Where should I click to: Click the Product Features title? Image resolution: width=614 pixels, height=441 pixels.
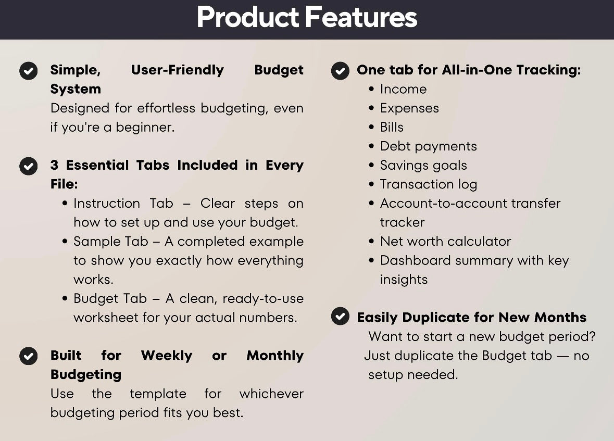(x=307, y=18)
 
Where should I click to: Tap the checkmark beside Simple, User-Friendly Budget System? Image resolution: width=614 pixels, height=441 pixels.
(x=29, y=70)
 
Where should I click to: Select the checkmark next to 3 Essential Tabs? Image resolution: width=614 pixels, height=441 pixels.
(x=29, y=166)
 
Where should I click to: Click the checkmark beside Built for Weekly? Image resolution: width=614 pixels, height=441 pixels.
(x=29, y=356)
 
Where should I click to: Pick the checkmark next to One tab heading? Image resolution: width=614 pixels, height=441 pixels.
(x=340, y=70)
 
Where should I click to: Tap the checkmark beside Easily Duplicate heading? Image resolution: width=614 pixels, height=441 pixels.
(x=340, y=316)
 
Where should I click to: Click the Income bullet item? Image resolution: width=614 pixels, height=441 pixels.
(x=403, y=89)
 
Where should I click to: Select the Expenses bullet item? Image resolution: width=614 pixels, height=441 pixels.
(x=409, y=108)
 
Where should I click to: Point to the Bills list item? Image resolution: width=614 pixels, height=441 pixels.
(x=392, y=127)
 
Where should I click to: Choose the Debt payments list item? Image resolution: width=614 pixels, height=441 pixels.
(x=428, y=146)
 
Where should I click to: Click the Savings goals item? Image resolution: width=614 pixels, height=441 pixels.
(x=423, y=166)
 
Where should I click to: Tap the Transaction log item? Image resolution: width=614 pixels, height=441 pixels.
(x=428, y=184)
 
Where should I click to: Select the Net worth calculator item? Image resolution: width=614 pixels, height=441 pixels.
(x=445, y=242)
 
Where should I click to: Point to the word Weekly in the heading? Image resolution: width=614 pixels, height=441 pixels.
(x=166, y=356)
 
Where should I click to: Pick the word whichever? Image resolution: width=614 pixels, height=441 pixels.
(x=271, y=394)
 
